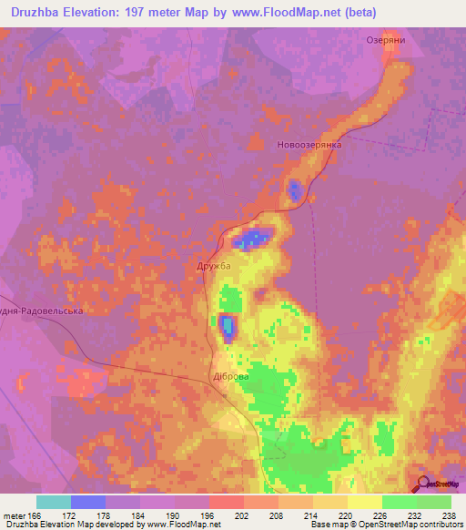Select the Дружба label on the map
pyautogui.click(x=214, y=266)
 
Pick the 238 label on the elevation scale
pyautogui.click(x=450, y=515)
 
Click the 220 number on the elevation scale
pyautogui.click(x=314, y=515)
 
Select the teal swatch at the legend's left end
pyautogui.click(x=53, y=502)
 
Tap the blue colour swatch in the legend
pyautogui.click(x=88, y=502)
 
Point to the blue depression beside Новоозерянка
pyautogui.click(x=295, y=190)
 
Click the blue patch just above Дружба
pyautogui.click(x=249, y=240)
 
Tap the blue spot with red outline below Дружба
pyautogui.click(x=227, y=325)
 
